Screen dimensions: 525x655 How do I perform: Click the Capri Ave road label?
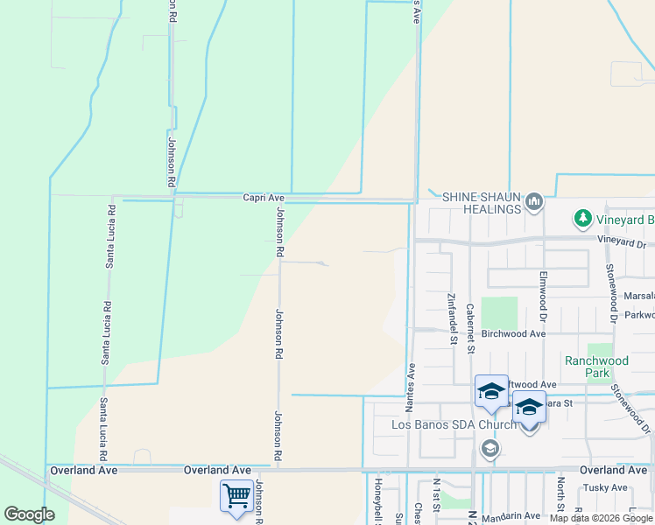pyautogui.click(x=264, y=199)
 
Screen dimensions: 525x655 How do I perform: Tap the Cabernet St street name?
pyautogui.click(x=470, y=328)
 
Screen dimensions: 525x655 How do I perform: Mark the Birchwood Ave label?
pyautogui.click(x=514, y=333)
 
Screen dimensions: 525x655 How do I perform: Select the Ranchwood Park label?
pyautogui.click(x=596, y=366)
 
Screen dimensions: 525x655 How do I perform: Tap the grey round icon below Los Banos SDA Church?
pyautogui.click(x=489, y=450)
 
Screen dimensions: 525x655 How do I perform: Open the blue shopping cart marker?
pyautogui.click(x=236, y=496)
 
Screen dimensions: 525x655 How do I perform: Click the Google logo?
pyautogui.click(x=29, y=514)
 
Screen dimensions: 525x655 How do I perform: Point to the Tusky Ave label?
pyautogui.click(x=606, y=487)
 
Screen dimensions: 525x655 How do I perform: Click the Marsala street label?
pyautogui.click(x=639, y=296)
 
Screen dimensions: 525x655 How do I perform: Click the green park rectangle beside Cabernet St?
pyautogui.click(x=498, y=314)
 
